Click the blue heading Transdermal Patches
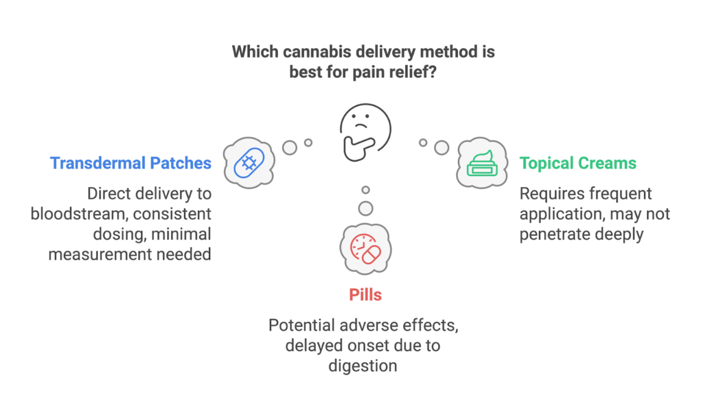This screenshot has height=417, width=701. pyautogui.click(x=130, y=163)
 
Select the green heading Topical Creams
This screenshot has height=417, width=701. pyautogui.click(x=578, y=163)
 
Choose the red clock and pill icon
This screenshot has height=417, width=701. pyautogui.click(x=366, y=250)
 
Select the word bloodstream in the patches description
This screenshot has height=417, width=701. pyautogui.click(x=79, y=214)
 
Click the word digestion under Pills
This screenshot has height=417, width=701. pyautogui.click(x=363, y=366)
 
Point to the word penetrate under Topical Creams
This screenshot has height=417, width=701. pyautogui.click(x=553, y=234)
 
